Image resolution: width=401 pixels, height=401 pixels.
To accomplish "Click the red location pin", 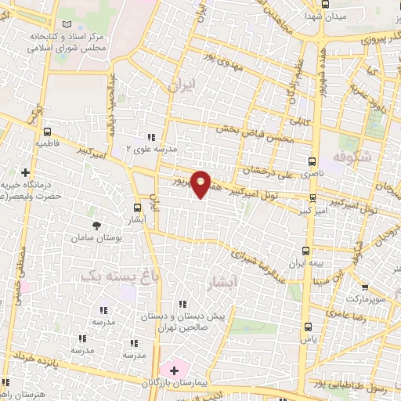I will pyautogui.click(x=201, y=183).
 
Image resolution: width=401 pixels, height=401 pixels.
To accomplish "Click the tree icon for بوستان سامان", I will pyautogui.click(x=96, y=226).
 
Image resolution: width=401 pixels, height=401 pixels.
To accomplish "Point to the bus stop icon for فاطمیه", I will pyautogui.click(x=49, y=132).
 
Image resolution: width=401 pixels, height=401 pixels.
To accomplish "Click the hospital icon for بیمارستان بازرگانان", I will pyautogui.click(x=173, y=370).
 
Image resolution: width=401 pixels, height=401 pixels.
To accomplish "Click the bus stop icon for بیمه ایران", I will pyautogui.click(x=307, y=250).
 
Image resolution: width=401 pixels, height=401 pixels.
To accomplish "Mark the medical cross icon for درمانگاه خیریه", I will pyautogui.click(x=25, y=172).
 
